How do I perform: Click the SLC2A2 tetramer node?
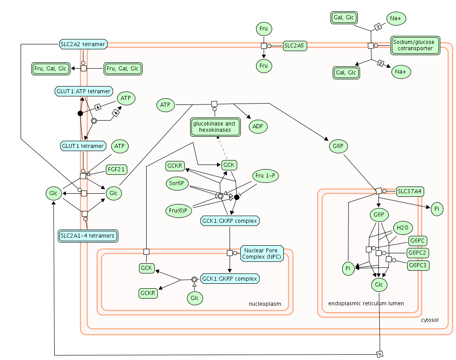pos(83,44)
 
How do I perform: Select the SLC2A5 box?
pos(295,45)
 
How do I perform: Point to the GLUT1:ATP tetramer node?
pos(83,91)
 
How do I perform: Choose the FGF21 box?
pos(117,169)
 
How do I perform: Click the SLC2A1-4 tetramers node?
pos(88,235)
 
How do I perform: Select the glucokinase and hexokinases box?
pos(214,127)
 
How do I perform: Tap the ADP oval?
pos(257,126)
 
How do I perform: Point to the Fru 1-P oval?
pos(266,176)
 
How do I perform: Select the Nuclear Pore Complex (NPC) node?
pos(262,254)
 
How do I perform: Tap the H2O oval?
pos(402,228)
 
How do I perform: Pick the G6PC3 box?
pos(418,265)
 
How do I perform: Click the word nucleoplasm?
pos(265,304)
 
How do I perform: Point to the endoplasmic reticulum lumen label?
pos(366,304)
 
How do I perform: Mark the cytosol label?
pos(430,320)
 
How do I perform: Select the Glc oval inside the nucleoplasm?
pos(194,298)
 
